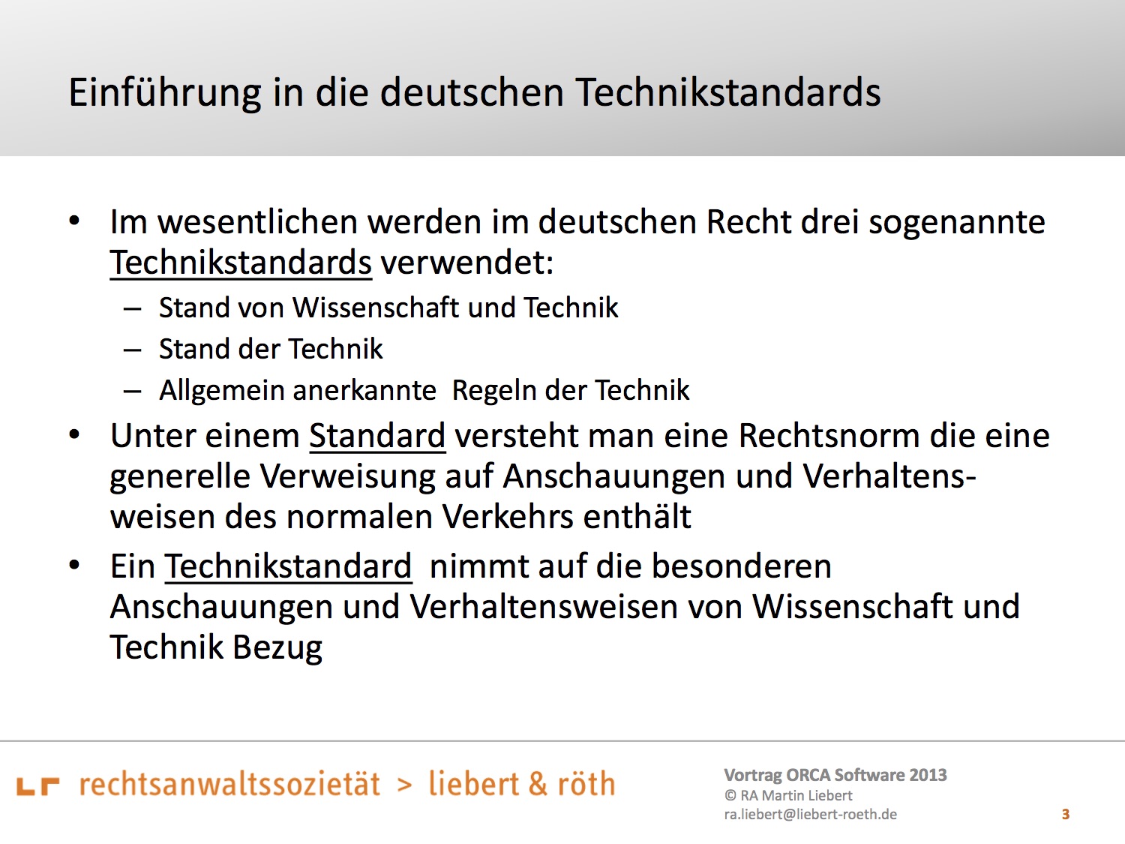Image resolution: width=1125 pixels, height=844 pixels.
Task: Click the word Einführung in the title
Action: pyautogui.click(x=165, y=93)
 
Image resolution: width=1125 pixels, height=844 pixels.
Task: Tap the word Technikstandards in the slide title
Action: pyautogui.click(x=727, y=92)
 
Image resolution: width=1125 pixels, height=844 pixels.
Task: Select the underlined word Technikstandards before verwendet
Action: pyautogui.click(x=241, y=263)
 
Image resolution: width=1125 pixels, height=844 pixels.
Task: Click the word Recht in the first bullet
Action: pyautogui.click(x=748, y=222)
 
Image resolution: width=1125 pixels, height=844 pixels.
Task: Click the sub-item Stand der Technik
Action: pyautogui.click(x=271, y=349)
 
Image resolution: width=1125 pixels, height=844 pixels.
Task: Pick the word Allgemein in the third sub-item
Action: pyautogui.click(x=222, y=391)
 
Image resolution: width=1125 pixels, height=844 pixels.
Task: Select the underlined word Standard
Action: pyautogui.click(x=377, y=436)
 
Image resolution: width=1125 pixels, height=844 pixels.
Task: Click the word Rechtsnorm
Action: pyautogui.click(x=829, y=436)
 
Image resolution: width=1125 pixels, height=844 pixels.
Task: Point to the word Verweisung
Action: pyautogui.click(x=347, y=477)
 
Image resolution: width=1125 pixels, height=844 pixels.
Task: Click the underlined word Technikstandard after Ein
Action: pyautogui.click(x=288, y=566)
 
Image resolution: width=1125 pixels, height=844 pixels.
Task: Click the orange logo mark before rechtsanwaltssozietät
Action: pyautogui.click(x=38, y=786)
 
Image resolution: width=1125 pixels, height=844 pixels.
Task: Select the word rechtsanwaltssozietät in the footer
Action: pyautogui.click(x=229, y=784)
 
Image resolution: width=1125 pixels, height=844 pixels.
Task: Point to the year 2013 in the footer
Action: pyautogui.click(x=928, y=775)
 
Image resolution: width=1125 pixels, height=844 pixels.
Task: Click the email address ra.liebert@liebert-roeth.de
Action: pyautogui.click(x=810, y=814)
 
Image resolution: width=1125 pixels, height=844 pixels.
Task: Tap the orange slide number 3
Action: pyautogui.click(x=1066, y=814)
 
